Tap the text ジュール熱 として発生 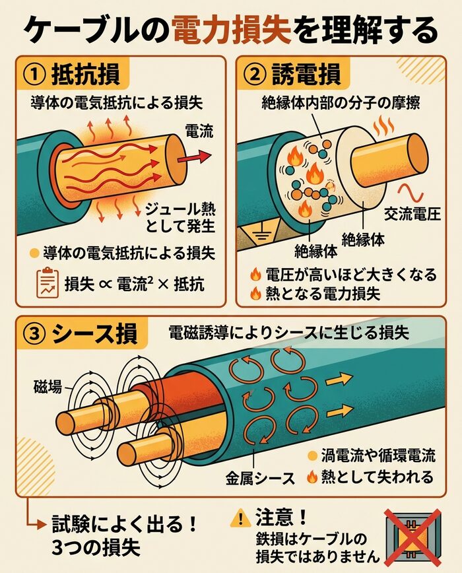point(181,219)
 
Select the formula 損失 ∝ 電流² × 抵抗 point(135,285)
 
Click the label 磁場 point(47,388)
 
